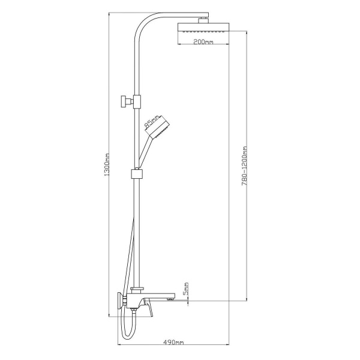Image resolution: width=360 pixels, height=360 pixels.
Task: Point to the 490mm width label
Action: tap(174, 342)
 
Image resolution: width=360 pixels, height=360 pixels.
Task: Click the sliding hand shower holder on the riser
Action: tap(137, 175)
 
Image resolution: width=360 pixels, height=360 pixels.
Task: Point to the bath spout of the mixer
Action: tap(159, 296)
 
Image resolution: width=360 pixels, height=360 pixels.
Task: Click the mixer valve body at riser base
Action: tap(136, 296)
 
